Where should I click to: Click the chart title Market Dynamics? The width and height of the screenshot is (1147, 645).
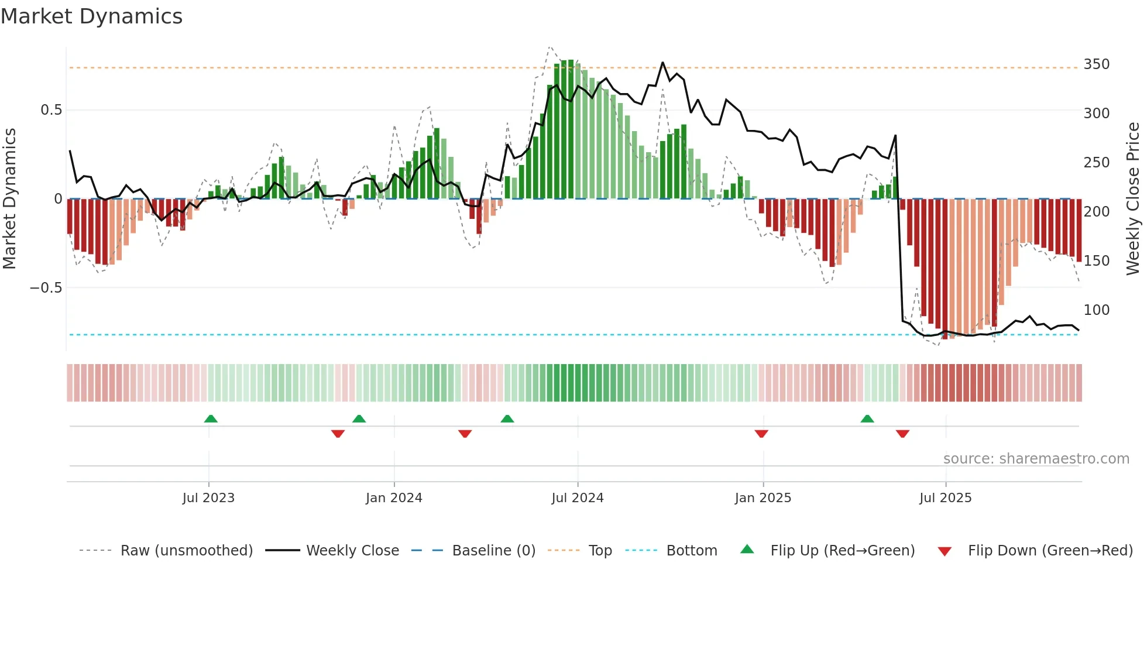[92, 16]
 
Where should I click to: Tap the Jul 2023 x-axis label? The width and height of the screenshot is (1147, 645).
[208, 498]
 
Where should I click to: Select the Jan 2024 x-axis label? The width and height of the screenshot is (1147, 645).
[394, 498]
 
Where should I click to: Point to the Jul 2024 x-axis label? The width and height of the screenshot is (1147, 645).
[578, 498]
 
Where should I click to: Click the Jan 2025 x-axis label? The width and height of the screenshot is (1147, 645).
[763, 498]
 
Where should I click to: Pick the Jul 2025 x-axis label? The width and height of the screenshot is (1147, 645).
[946, 498]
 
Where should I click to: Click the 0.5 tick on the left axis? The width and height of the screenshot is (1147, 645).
[51, 110]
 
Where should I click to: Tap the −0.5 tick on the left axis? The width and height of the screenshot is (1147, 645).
[46, 288]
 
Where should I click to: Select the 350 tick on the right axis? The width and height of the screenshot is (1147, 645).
[1097, 64]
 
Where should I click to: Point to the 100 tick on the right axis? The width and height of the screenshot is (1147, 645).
[1097, 310]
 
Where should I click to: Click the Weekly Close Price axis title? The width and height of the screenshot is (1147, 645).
[1134, 199]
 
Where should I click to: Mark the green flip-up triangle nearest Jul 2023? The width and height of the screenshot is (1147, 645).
[211, 418]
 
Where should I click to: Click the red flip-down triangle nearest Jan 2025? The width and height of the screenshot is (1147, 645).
[761, 434]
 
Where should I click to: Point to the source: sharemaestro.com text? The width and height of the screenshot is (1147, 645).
[1036, 459]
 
